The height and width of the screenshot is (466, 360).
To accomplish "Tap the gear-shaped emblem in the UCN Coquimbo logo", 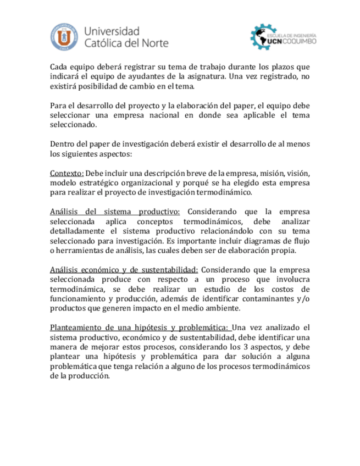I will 261,36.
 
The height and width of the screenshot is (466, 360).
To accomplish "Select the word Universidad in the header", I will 113,30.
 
